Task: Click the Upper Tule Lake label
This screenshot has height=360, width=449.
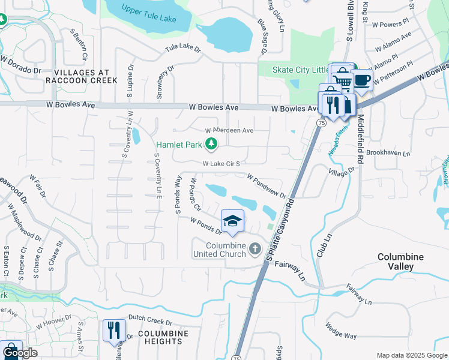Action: tap(148, 14)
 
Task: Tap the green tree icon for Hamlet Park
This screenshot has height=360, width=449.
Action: tap(211, 144)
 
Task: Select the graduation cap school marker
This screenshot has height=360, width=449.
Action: tap(232, 221)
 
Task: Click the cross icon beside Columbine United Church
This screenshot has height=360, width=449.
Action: tap(255, 248)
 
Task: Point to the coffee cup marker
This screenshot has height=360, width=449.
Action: tap(361, 79)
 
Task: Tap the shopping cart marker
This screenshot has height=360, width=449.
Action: tap(342, 78)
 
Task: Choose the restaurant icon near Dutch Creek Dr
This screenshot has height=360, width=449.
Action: tap(112, 330)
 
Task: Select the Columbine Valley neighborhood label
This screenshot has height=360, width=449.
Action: tap(400, 261)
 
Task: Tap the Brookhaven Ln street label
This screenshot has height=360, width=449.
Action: tap(387, 154)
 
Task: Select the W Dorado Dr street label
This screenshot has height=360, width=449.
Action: tap(20, 65)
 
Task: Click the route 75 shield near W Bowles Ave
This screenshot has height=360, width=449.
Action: tap(322, 122)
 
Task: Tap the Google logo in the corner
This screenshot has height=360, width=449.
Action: tap(19, 353)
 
